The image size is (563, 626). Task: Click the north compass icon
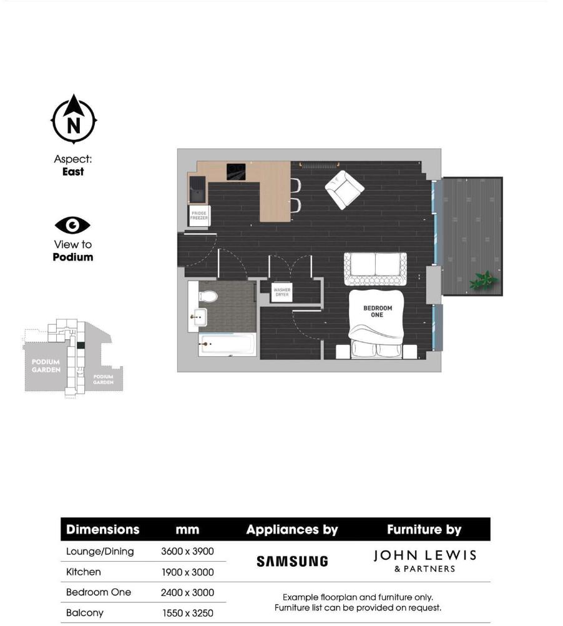[x=74, y=120]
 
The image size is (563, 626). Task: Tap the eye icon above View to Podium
[x=72, y=225]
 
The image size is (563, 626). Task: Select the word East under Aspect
[x=73, y=172]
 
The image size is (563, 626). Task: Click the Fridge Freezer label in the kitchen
[x=199, y=216]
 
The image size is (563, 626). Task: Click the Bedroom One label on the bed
[x=378, y=311]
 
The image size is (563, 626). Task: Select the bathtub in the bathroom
[x=227, y=344]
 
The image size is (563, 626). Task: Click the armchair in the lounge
[x=344, y=189]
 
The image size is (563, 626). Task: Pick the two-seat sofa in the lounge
[x=375, y=267]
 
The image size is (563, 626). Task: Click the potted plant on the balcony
[x=484, y=280]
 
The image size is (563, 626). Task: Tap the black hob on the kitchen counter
[x=236, y=171]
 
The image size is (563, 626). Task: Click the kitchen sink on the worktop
[x=199, y=186]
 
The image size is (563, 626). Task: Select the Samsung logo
[x=292, y=561]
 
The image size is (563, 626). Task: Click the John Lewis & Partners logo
[x=424, y=560]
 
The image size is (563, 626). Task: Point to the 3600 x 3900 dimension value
[x=187, y=552]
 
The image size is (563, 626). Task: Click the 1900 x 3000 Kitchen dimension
[x=187, y=572]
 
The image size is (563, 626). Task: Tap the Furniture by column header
[x=424, y=530]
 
